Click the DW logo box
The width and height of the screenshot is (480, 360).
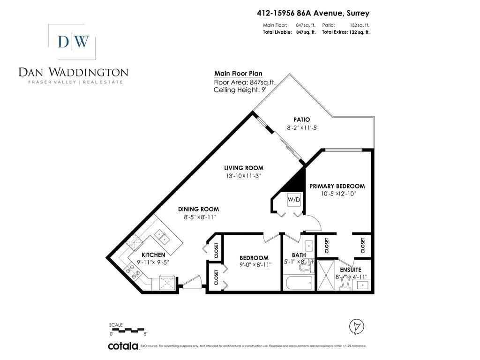coord(73,42)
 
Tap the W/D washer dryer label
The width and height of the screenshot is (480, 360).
coord(294,200)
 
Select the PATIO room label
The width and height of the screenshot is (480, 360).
coord(302,120)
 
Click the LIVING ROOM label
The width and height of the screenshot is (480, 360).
coord(243,168)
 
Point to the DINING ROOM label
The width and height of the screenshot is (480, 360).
coord(198,209)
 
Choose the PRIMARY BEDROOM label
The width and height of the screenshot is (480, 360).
coord(337,186)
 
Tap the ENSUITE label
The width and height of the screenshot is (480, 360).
coord(350,270)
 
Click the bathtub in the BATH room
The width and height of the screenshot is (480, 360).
coord(298,283)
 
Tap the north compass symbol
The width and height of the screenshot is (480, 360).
coord(357,326)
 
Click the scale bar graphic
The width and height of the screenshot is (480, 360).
coord(129,330)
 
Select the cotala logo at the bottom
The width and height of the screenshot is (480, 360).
coord(123,346)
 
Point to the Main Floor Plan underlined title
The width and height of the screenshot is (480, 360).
coord(238,74)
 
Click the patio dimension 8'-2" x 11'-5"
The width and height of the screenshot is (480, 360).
coord(303,127)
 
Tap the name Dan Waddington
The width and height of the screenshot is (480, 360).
coord(73,72)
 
